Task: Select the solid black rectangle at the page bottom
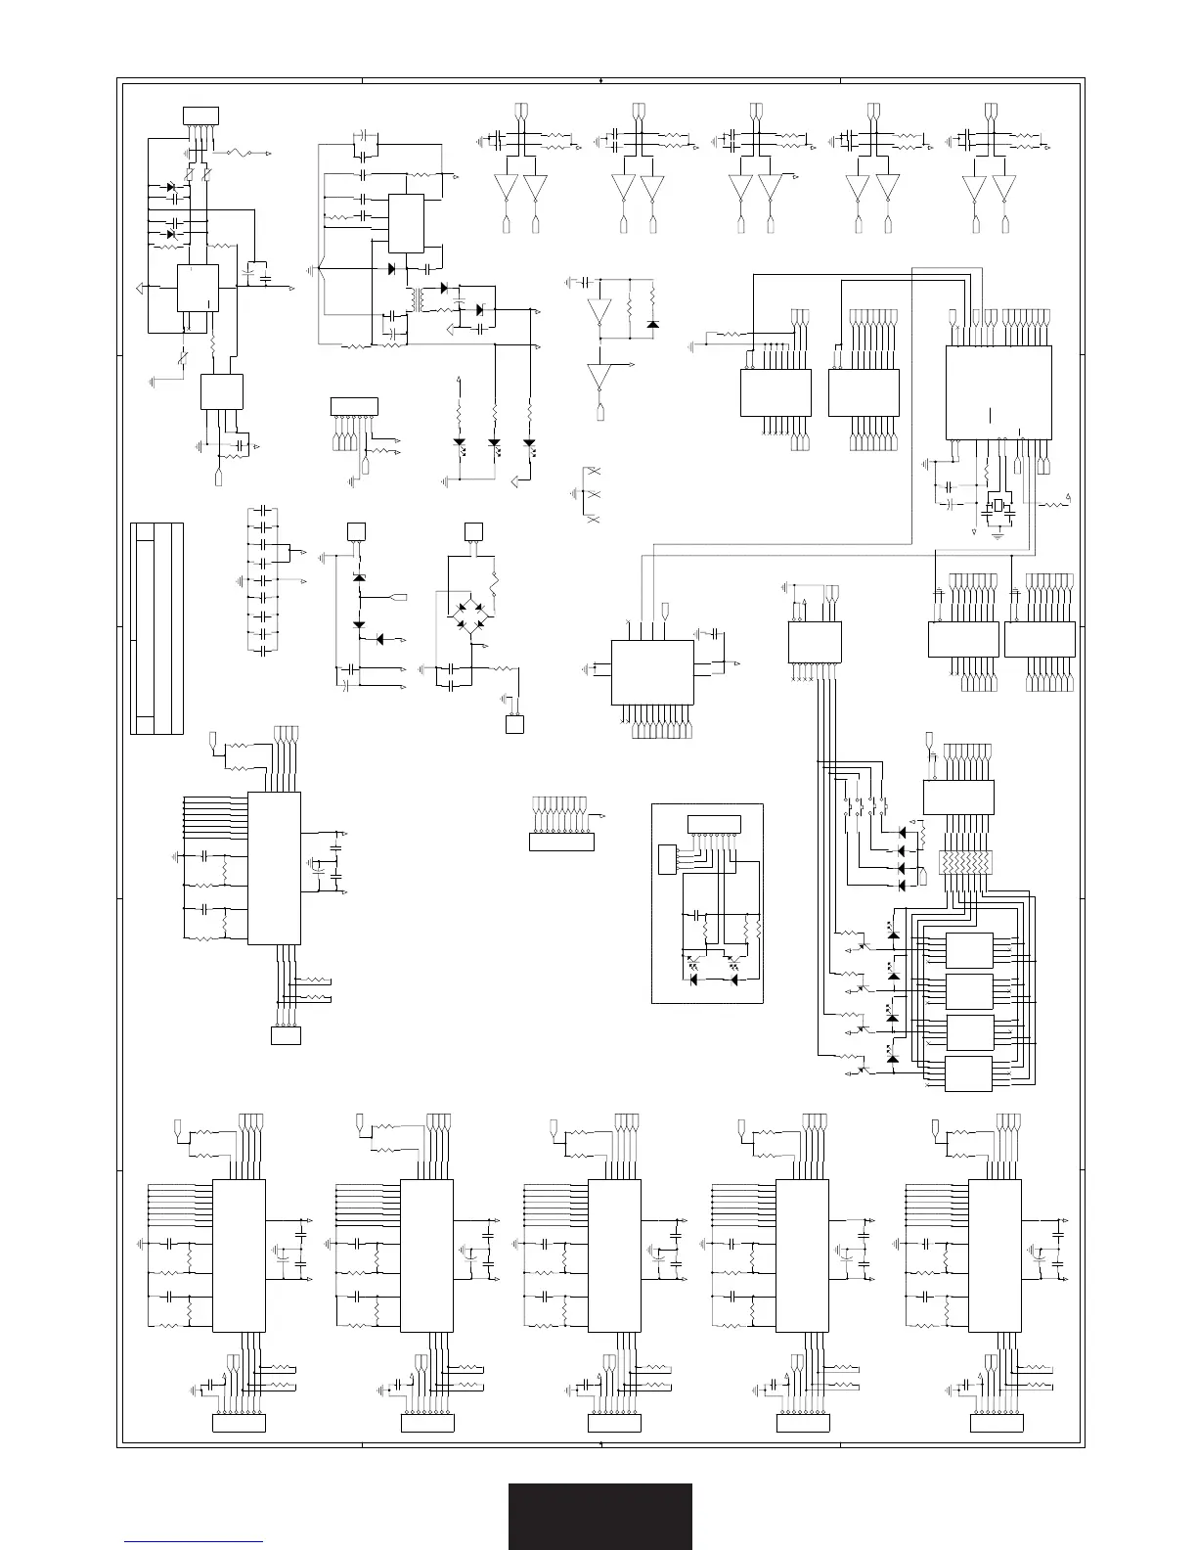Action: pos(599,1516)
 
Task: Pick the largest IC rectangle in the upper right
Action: pos(997,391)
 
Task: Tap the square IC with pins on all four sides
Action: pos(651,671)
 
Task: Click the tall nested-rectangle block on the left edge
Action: pos(156,628)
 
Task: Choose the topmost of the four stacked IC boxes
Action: pos(969,950)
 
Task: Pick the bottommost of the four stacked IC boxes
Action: pos(969,1072)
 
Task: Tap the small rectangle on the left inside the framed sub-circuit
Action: pos(667,858)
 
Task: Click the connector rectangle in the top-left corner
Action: pos(200,115)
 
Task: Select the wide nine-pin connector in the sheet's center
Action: pos(561,841)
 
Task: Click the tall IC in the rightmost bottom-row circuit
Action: pos(995,1255)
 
